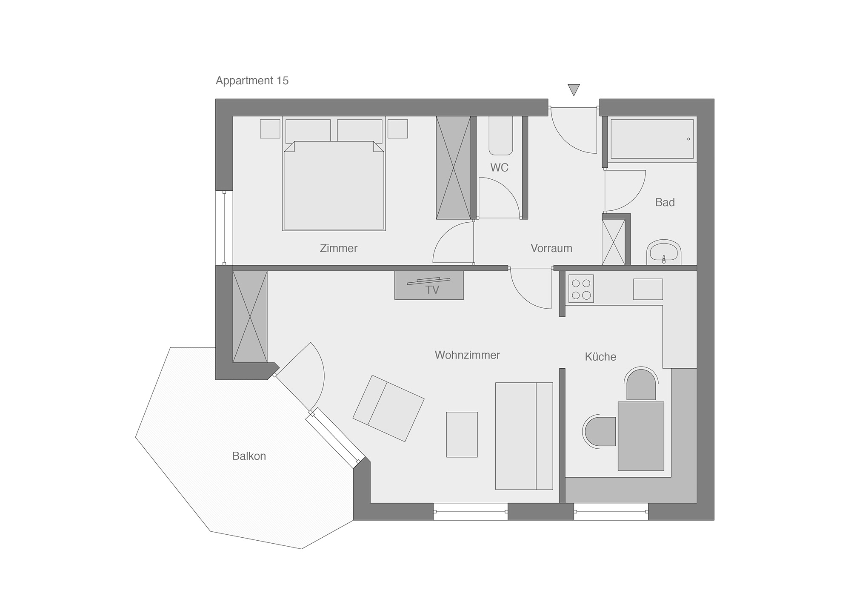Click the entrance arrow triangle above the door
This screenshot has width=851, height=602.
click(x=574, y=89)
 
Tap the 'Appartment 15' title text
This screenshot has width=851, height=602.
click(x=252, y=80)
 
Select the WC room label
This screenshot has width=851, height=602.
click(x=499, y=167)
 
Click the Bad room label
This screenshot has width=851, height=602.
click(x=665, y=202)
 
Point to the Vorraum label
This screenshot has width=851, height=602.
click(x=551, y=248)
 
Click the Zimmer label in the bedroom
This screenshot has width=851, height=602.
click(x=339, y=248)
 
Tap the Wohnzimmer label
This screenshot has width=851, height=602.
click(x=467, y=355)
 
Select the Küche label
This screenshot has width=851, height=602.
click(x=600, y=356)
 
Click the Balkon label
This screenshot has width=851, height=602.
click(x=249, y=456)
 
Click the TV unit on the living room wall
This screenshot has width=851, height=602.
click(x=429, y=285)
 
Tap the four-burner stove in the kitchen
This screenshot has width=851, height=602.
click(x=581, y=289)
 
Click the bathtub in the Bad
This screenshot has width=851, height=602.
click(x=652, y=139)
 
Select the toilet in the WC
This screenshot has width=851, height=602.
click(x=500, y=135)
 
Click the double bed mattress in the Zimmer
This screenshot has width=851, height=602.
click(x=334, y=186)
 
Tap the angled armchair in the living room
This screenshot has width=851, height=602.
click(x=388, y=408)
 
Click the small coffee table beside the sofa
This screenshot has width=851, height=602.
click(x=462, y=434)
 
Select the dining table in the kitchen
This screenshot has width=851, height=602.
click(x=641, y=436)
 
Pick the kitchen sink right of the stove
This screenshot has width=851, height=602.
click(x=648, y=289)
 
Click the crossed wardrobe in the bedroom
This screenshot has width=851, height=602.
click(x=454, y=168)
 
